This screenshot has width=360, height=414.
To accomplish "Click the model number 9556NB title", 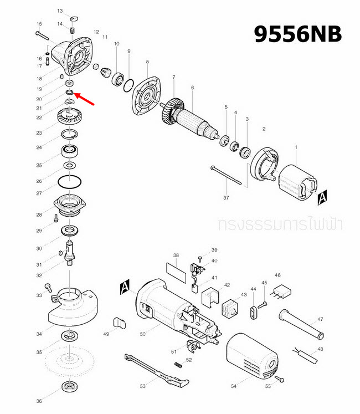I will (x=297, y=34).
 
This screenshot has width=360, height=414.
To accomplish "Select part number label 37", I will (x=226, y=197).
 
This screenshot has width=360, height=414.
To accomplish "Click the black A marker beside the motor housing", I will (x=125, y=287).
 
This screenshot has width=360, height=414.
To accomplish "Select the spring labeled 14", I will (x=72, y=29).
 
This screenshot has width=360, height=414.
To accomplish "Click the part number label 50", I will (x=142, y=334).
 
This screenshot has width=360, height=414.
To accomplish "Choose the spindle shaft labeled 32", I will (x=70, y=253).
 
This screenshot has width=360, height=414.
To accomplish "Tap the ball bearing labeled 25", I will (x=70, y=150).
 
